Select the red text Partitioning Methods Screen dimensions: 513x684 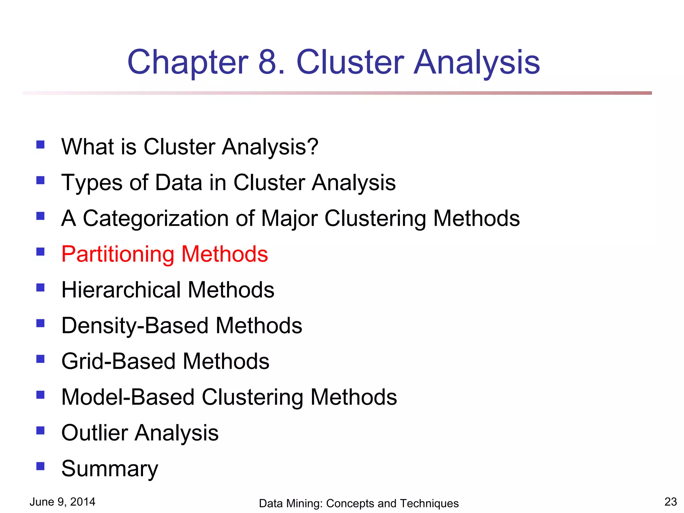[165, 254]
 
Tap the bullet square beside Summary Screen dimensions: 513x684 [40, 466]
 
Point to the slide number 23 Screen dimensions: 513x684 [670, 502]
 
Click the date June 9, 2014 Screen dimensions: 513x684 [62, 502]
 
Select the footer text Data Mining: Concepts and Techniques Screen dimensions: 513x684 [359, 503]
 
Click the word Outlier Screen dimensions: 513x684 [95, 433]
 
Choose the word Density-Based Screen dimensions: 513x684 [135, 326]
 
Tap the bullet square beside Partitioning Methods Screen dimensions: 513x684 [40, 251]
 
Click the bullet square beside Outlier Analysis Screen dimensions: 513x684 [40, 430]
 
